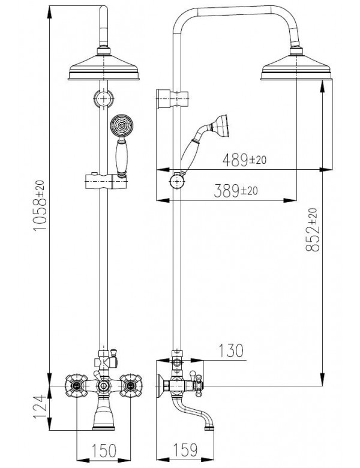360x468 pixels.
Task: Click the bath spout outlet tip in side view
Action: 209,427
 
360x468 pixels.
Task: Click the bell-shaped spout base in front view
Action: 104,416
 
